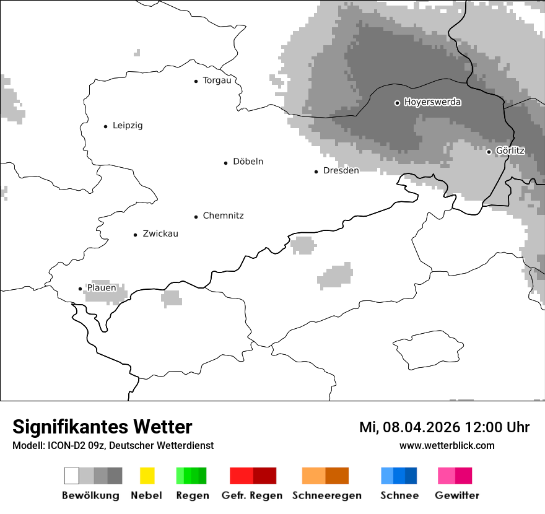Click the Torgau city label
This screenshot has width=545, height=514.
click(217, 81)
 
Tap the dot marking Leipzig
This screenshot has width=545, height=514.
click(105, 126)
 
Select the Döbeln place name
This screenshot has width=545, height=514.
click(248, 162)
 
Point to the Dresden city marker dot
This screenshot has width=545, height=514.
click(316, 172)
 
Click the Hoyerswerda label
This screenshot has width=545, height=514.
click(432, 102)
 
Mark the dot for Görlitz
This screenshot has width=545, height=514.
click(489, 152)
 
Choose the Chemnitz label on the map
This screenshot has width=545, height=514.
click(223, 216)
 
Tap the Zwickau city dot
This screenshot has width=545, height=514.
click(135, 235)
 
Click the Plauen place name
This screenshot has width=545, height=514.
click(101, 288)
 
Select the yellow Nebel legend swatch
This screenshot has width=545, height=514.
click(147, 476)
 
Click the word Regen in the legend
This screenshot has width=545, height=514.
click(192, 495)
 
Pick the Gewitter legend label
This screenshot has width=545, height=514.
click(456, 495)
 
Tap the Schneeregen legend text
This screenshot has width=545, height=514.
click(326, 495)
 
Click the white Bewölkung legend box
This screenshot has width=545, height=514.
click(72, 476)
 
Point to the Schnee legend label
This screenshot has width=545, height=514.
click(399, 495)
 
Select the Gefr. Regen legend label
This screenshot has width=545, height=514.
click(251, 495)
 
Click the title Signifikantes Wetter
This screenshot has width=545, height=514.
click(102, 427)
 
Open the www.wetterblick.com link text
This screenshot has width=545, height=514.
click(447, 445)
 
